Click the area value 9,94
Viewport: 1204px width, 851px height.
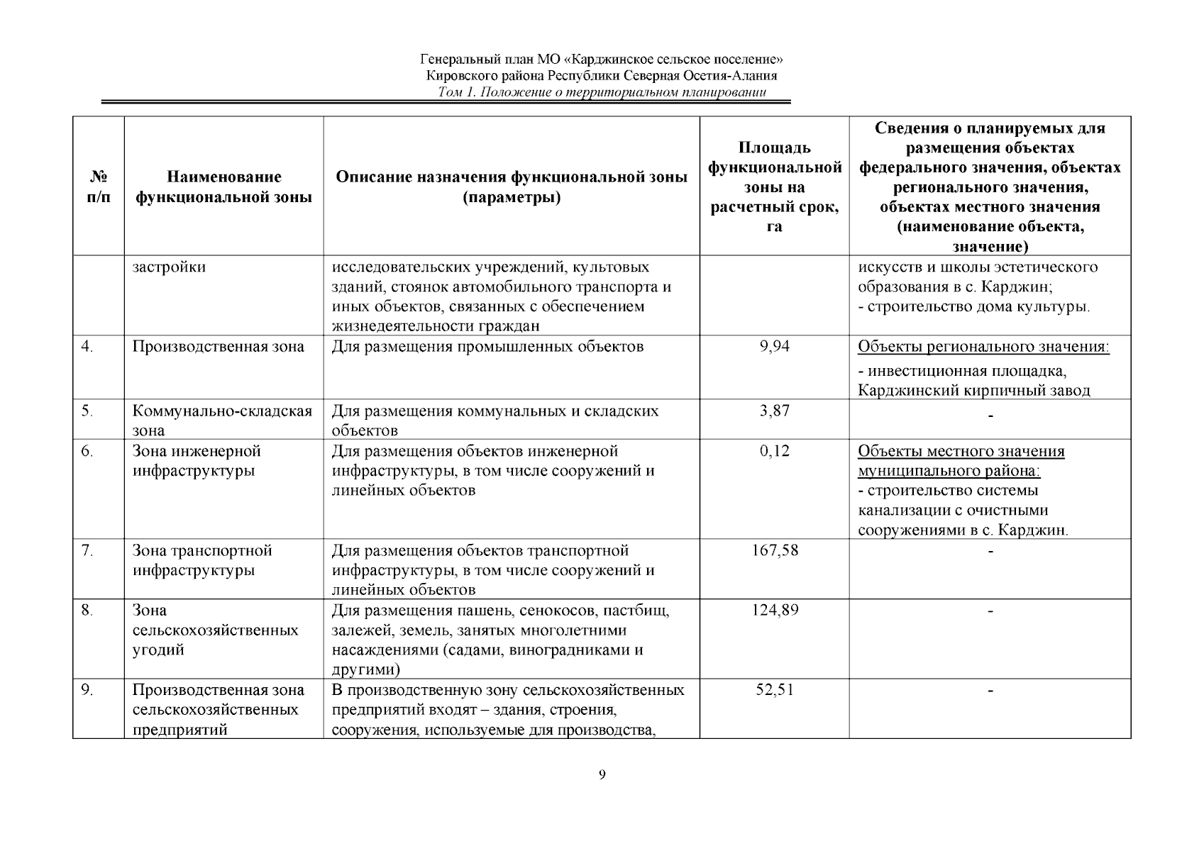[774, 347]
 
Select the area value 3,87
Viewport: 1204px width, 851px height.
[774, 411]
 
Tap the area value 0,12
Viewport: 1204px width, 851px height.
[774, 451]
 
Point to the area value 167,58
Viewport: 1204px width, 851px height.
[774, 550]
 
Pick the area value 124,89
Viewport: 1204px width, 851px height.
[774, 610]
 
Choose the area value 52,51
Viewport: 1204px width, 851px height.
[774, 690]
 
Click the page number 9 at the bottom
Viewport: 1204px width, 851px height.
[602, 774]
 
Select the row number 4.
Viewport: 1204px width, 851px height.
[87, 347]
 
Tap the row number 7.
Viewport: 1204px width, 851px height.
[87, 550]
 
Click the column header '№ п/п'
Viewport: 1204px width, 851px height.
[99, 187]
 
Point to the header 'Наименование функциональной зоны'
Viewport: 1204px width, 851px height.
[223, 187]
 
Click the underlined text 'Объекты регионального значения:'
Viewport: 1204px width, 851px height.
[983, 347]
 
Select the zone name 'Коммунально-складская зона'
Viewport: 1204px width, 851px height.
[222, 421]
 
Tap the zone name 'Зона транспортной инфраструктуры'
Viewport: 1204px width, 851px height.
[202, 560]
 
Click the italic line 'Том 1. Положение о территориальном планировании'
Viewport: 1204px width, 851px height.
[602, 93]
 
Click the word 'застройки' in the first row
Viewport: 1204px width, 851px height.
[169, 267]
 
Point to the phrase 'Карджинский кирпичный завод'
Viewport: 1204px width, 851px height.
[973, 390]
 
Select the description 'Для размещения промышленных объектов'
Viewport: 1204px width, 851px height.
[487, 347]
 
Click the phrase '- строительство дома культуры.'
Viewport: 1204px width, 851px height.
[973, 307]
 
